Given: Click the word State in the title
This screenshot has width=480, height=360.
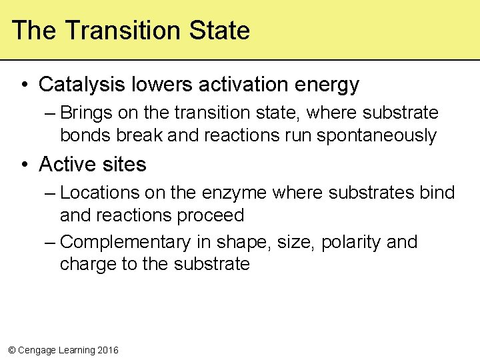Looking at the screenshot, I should click(219, 31).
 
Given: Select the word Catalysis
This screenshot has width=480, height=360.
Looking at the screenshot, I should click(82, 85).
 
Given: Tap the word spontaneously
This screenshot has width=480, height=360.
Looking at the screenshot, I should click(376, 136).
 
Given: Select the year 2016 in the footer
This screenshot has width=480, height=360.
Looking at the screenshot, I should click(107, 350).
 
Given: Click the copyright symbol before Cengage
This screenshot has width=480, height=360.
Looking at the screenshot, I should click(11, 350).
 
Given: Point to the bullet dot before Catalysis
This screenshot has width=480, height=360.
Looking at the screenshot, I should click(24, 85).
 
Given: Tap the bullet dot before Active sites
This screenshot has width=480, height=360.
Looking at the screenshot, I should click(24, 165).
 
